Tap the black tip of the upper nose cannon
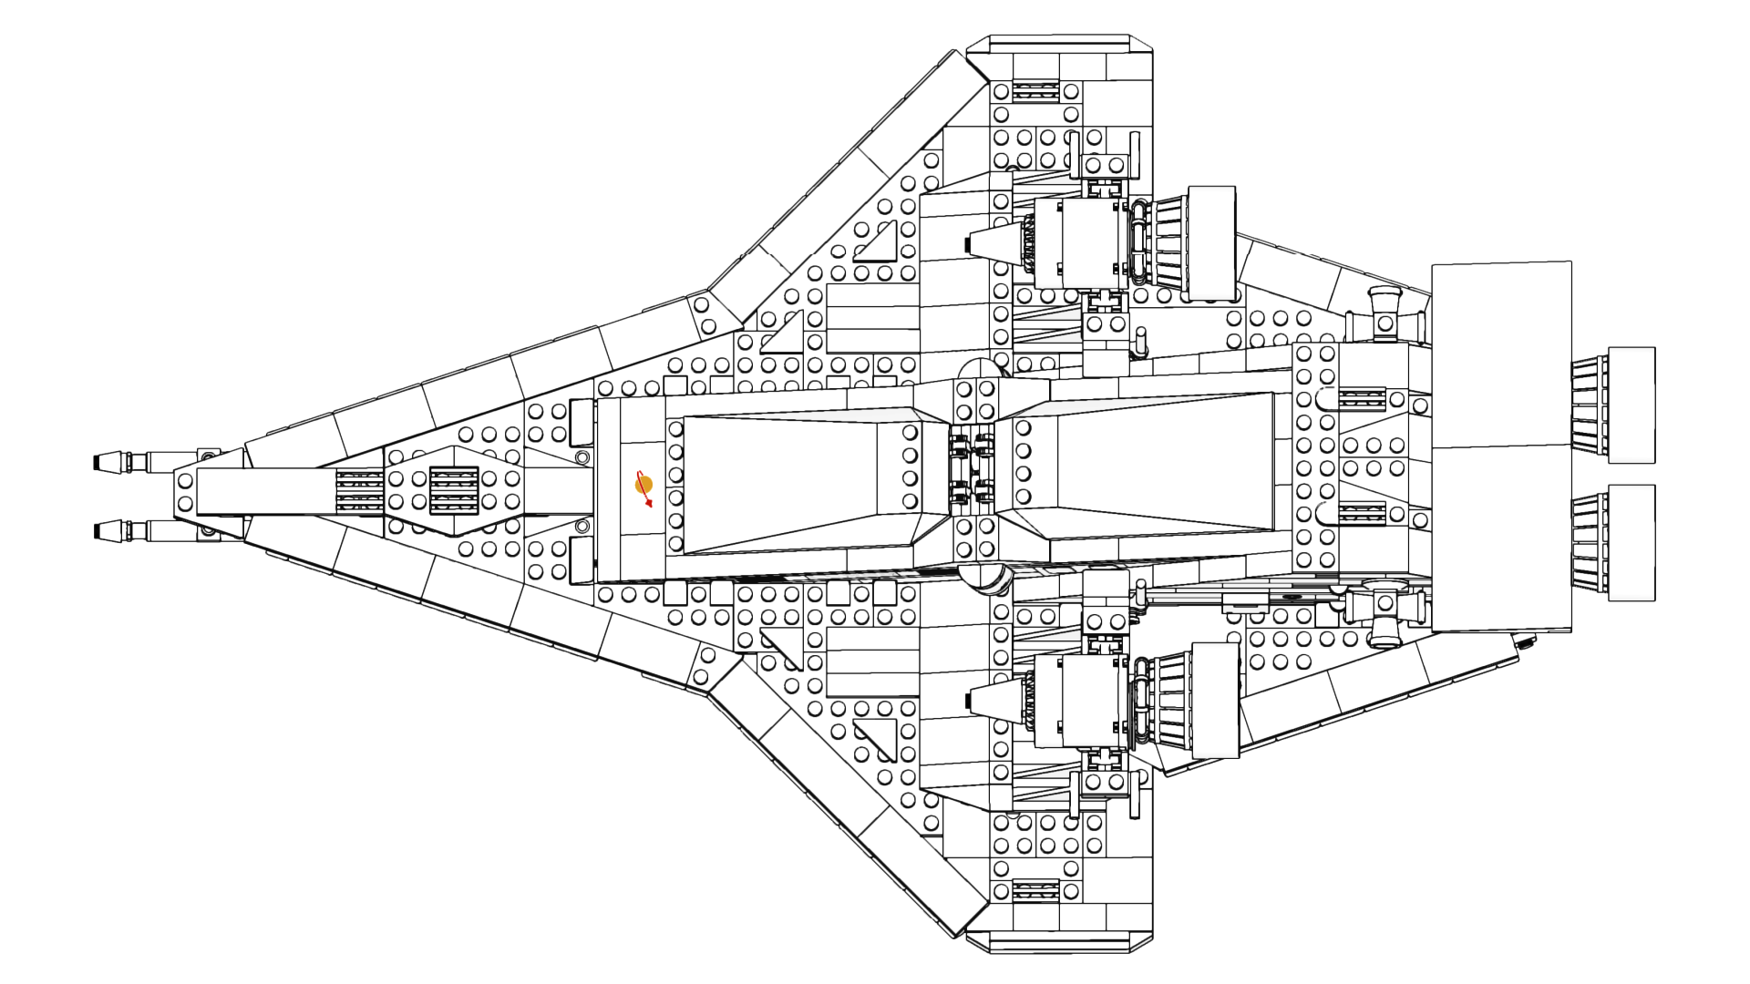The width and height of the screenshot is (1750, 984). [98, 462]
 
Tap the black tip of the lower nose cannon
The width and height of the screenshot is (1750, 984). [98, 530]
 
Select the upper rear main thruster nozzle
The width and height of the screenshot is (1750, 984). [1613, 405]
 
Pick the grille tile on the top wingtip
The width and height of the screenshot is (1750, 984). [1035, 91]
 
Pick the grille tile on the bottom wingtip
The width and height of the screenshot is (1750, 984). [1035, 890]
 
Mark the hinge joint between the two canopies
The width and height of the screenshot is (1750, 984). [971, 468]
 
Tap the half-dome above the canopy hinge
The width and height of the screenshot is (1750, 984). [980, 368]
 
